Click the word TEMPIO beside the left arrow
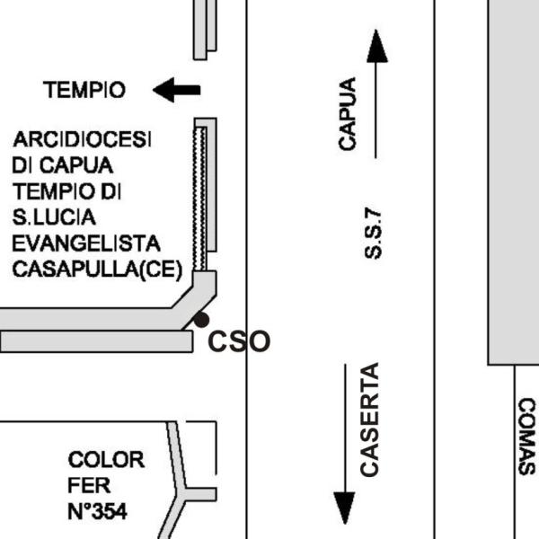[84, 90]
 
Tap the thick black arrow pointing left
[177, 90]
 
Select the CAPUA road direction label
[348, 113]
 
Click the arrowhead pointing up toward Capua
[377, 45]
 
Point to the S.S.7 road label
[375, 234]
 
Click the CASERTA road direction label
[369, 419]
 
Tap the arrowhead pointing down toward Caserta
[344, 508]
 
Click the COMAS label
[526, 437]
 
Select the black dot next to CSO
[202, 319]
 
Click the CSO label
[239, 341]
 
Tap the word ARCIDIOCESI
[83, 141]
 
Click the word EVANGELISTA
[86, 243]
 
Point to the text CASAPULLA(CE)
[97, 269]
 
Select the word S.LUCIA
[54, 217]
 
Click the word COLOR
[106, 460]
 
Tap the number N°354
[97, 512]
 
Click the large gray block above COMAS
[513, 180]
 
